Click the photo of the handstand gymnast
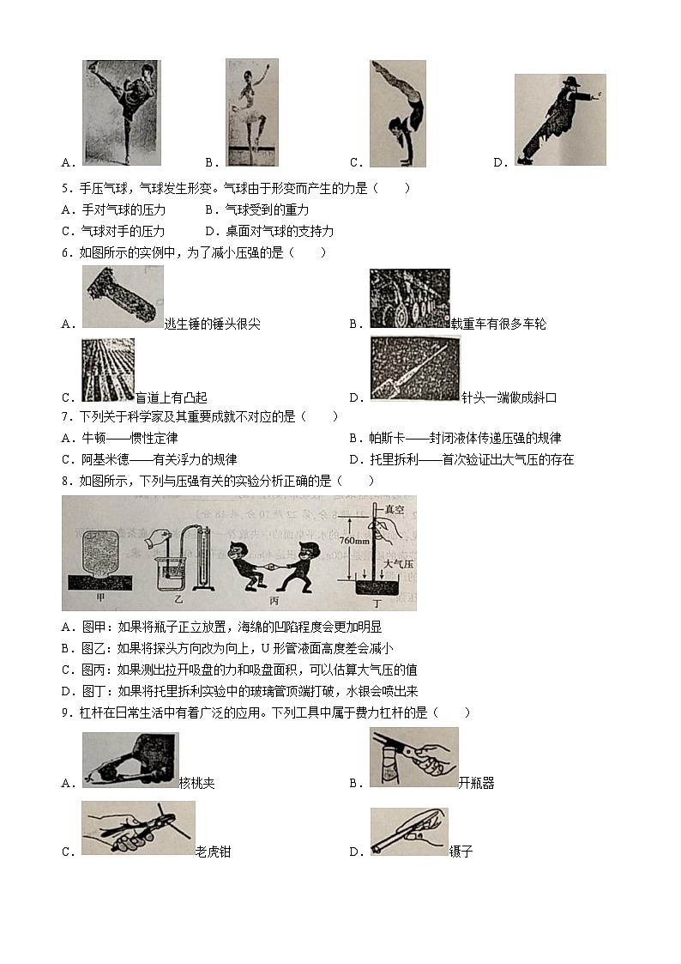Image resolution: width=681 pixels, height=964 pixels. click(x=398, y=112)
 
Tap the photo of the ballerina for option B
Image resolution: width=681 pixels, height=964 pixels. click(x=251, y=112)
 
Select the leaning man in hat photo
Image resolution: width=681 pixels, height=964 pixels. click(x=559, y=119)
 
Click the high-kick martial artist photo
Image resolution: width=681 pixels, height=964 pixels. click(x=121, y=112)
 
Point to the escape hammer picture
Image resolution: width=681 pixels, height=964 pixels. click(x=122, y=297)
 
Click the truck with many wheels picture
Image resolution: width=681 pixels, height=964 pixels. click(x=409, y=299)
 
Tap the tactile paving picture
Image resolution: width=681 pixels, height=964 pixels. click(x=108, y=370)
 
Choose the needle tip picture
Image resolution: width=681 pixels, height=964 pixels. click(x=414, y=369)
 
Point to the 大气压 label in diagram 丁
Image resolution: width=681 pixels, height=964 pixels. click(x=396, y=564)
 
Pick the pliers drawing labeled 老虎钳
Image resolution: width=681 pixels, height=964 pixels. click(x=137, y=828)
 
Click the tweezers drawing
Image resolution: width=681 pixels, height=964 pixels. click(x=408, y=832)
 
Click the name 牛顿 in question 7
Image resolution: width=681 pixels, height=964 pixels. click(x=92, y=439)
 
